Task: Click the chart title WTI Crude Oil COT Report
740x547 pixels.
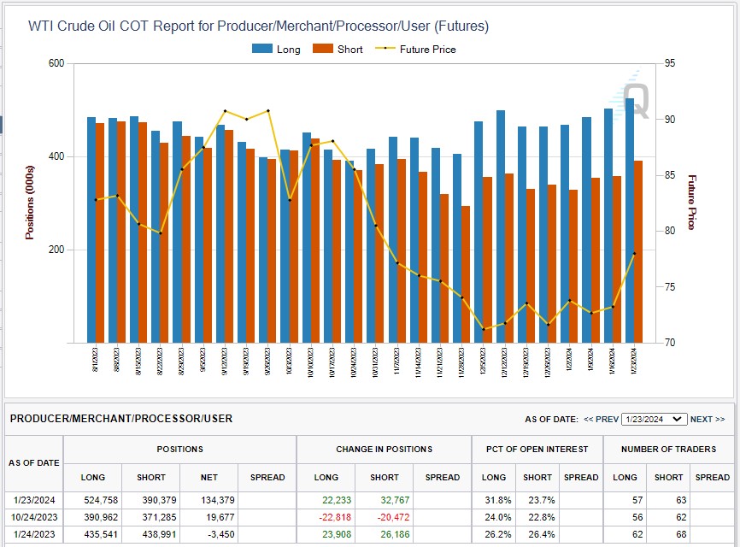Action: coord(258,26)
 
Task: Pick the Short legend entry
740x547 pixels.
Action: coord(338,50)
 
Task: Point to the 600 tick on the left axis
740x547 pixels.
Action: coord(56,63)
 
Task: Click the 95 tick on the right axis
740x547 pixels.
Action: coord(669,63)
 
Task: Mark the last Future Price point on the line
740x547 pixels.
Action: coord(634,254)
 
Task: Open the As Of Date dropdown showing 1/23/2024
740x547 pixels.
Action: coord(654,419)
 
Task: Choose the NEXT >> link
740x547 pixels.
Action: coord(708,419)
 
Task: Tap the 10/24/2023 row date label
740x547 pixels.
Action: coord(34,516)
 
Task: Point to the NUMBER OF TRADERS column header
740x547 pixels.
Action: coord(668,449)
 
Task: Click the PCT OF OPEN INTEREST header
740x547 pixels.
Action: coord(537,449)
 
